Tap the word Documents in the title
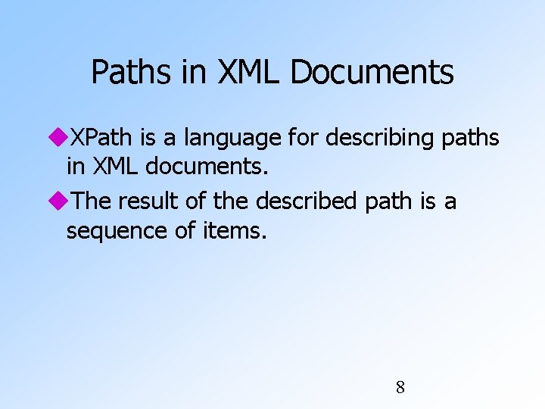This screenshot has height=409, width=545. tap(372, 73)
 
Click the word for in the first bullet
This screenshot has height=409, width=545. tap(303, 138)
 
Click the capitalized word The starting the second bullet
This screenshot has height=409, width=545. tap(93, 201)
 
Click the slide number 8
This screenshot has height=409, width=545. tap(400, 388)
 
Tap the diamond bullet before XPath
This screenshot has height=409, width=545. tap(59, 138)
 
